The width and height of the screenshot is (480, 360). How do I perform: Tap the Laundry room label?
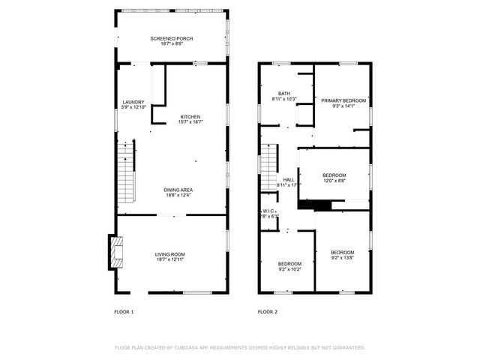133,102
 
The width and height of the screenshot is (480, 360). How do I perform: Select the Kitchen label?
190,116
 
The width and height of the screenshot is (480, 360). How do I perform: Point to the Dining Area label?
178,190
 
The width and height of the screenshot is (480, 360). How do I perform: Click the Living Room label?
170,254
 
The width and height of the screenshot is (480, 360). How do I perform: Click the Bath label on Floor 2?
284,93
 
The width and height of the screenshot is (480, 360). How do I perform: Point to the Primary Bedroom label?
343,100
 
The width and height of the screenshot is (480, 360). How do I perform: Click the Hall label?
288,179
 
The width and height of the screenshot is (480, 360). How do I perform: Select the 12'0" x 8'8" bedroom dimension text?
334,181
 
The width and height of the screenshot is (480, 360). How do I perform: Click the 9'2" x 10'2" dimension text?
289,269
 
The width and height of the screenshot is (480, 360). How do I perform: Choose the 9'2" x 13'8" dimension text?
343,257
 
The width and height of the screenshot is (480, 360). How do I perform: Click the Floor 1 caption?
124,311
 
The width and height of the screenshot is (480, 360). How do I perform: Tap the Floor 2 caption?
268,311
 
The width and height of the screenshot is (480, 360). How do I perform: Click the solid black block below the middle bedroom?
314,204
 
